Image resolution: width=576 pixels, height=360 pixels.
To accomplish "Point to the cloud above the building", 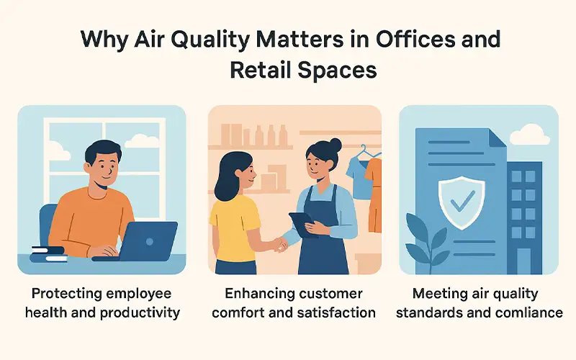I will [534, 135].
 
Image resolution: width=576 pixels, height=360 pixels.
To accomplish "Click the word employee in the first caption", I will [138, 294].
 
